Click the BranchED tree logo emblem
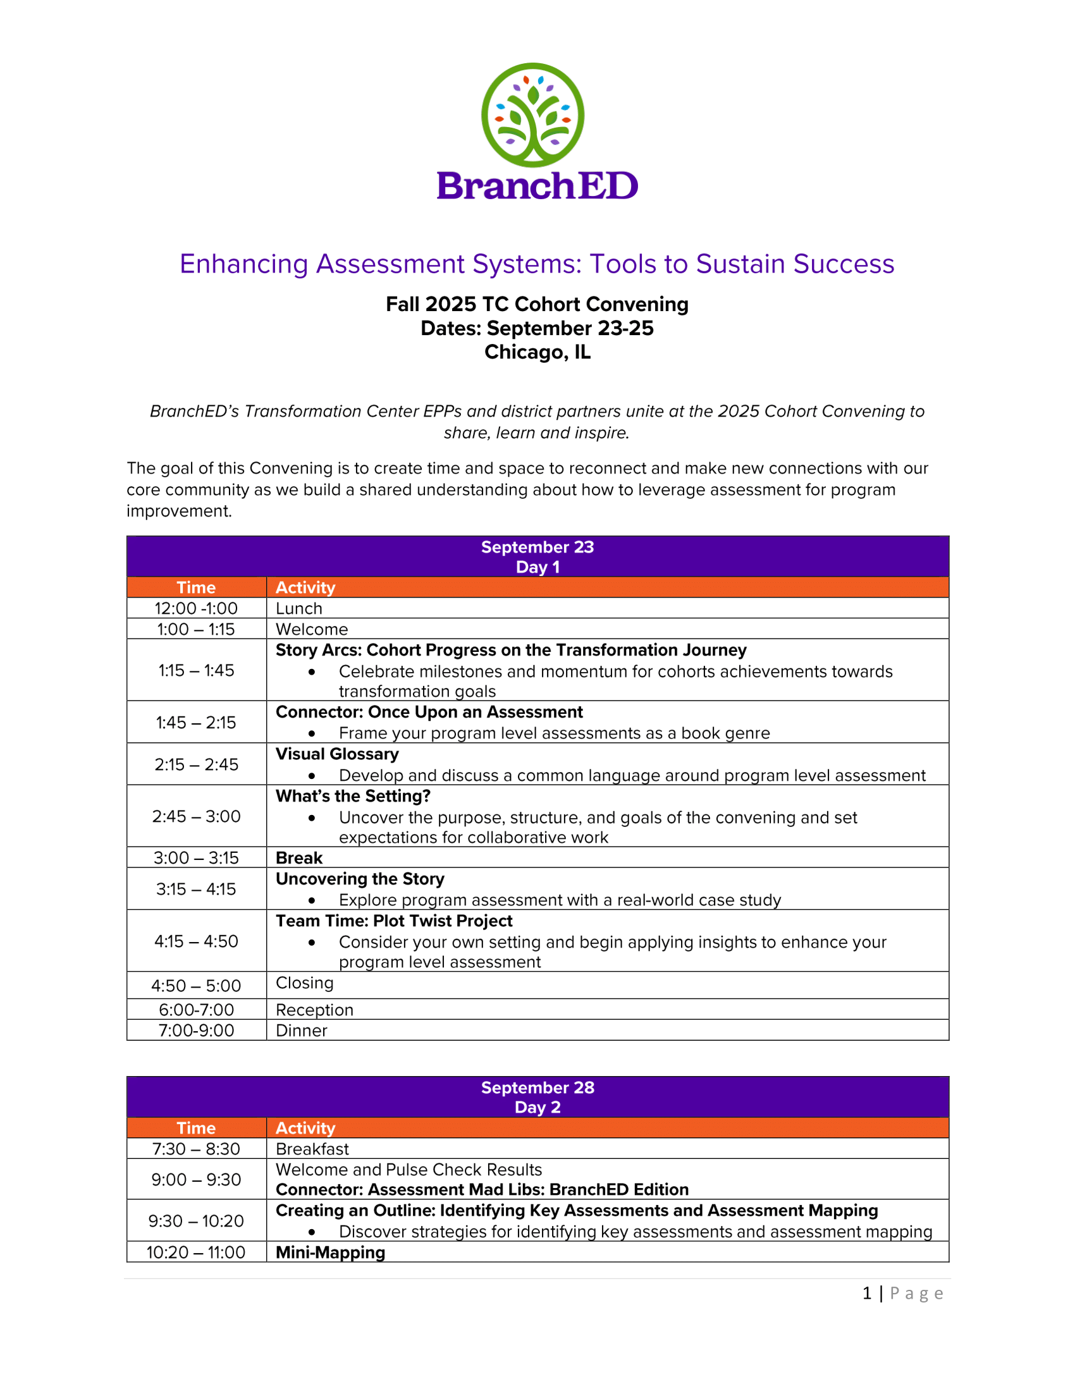532,114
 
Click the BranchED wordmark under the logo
537,186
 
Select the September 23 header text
537,547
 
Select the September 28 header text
537,1088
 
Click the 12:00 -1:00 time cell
196,608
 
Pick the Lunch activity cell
298,608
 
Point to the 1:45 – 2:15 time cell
196,722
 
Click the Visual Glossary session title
337,754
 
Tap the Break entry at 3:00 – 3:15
298,858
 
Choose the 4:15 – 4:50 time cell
196,941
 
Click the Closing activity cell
304,983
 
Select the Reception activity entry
314,1010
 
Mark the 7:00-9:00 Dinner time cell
196,1031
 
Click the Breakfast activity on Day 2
312,1149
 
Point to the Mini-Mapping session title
330,1252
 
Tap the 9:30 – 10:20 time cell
196,1221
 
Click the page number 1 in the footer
866,1294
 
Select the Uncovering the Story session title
360,879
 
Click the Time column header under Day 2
196,1128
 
